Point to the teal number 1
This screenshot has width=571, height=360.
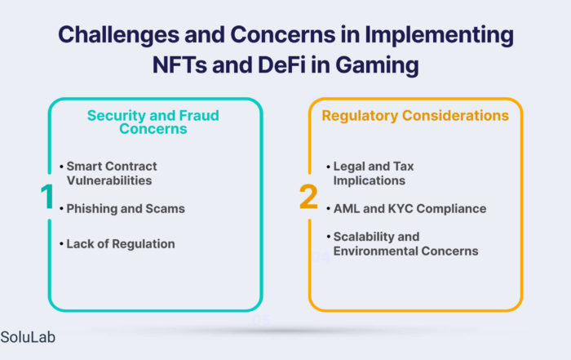47,197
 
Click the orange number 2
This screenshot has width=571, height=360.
308,197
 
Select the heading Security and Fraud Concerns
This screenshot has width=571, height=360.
153,122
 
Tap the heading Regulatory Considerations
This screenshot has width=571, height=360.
415,115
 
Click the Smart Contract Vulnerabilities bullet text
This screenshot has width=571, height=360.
112,173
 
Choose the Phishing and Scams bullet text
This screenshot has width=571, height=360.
126,209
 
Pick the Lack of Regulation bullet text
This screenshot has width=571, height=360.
121,244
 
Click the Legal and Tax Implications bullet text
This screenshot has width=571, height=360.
374,173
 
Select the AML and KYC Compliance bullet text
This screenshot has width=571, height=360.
410,209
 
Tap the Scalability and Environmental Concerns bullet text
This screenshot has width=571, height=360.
406,244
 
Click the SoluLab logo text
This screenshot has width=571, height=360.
28,337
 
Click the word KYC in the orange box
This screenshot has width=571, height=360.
401,209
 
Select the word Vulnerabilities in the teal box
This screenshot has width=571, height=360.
109,180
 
